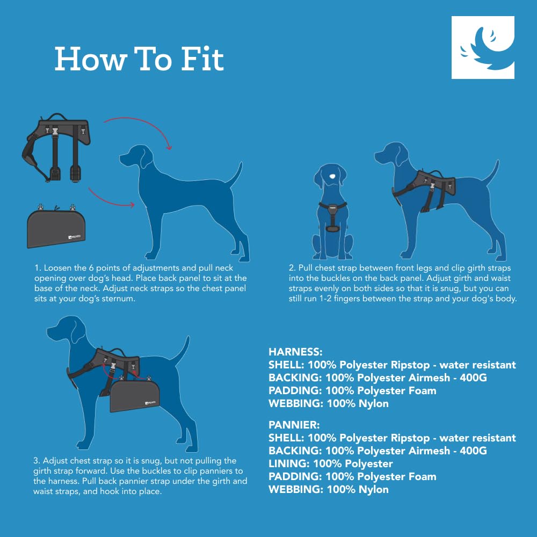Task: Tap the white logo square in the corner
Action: [x=483, y=47]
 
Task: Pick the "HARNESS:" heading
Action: [x=295, y=353]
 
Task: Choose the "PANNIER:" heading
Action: [x=293, y=425]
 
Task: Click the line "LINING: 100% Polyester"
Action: [x=330, y=463]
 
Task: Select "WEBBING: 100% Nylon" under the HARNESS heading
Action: [x=328, y=403]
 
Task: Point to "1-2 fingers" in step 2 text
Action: [x=375, y=299]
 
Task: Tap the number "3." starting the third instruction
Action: [x=37, y=461]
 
